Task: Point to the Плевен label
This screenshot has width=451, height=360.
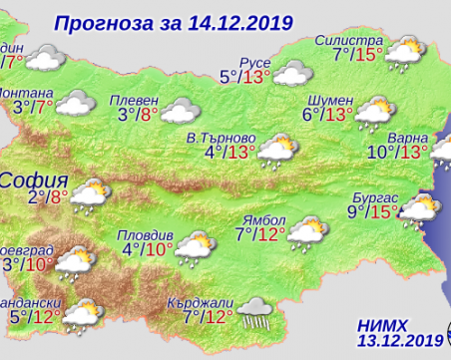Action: (140, 98)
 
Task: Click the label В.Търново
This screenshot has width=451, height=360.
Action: (223, 137)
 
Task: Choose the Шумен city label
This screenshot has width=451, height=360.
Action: (331, 98)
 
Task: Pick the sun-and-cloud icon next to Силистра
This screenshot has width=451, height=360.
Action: (407, 50)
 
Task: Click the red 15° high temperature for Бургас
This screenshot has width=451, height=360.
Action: (383, 211)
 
